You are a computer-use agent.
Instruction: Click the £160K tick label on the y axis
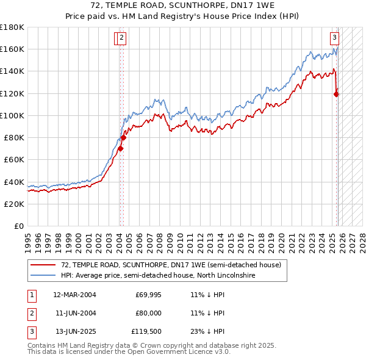pos(12,49)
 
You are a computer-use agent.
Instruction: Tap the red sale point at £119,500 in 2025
pos(337,93)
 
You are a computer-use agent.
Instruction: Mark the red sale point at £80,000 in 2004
pos(123,137)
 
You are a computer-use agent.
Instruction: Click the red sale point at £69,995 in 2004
pos(121,148)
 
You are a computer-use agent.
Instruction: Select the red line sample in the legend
pos(43,265)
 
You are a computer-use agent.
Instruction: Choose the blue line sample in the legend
pos(43,276)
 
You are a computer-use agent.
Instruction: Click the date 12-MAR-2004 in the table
pos(74,295)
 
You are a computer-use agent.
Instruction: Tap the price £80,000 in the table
pos(148,314)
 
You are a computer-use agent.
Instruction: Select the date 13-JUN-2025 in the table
pos(74,332)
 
